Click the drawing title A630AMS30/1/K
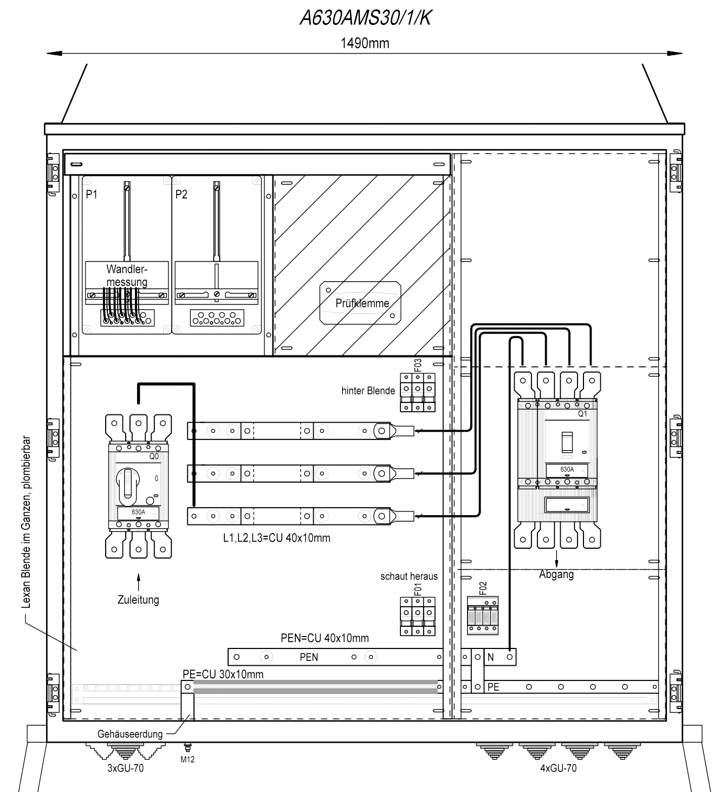tap(365, 18)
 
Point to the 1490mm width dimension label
tap(365, 43)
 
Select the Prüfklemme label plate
tap(360, 303)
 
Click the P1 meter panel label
tap(91, 194)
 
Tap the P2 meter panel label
tap(181, 194)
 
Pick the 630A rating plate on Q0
tap(138, 512)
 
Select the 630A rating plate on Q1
tap(567, 470)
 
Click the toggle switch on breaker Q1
tap(567, 442)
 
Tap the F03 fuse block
tap(418, 392)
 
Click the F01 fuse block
tap(418, 616)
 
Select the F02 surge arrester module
tap(483, 615)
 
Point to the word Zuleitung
tap(138, 600)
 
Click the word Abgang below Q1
tap(556, 574)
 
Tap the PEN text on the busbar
tap(308, 657)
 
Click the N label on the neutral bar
tap(490, 657)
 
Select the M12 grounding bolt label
tap(187, 759)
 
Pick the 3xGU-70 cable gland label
tap(126, 768)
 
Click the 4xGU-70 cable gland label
tap(558, 768)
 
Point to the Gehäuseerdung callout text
tap(130, 734)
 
